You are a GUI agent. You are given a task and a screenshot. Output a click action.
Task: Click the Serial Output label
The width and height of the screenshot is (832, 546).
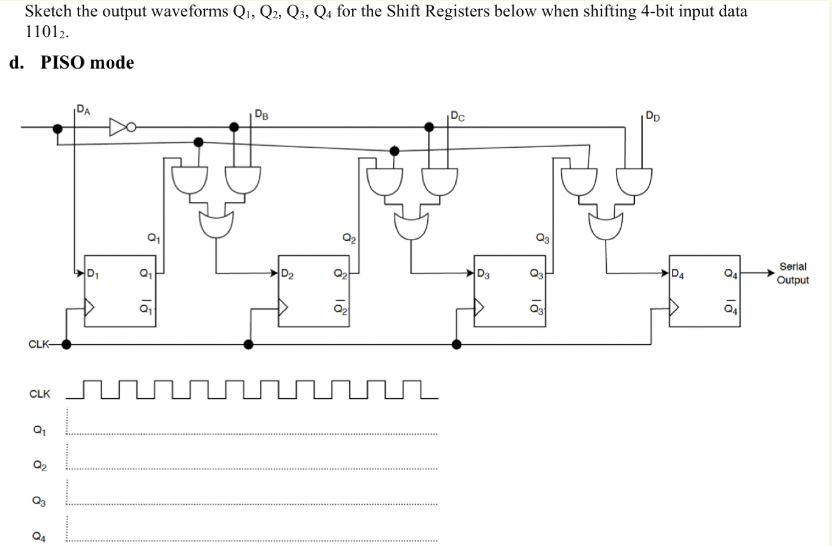(x=792, y=273)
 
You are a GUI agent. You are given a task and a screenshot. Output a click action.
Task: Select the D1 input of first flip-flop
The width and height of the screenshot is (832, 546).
(x=93, y=273)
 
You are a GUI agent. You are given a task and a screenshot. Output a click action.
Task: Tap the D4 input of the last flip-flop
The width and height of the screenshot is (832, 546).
(x=677, y=275)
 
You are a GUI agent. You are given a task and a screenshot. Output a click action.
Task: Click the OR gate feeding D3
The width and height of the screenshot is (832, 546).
(x=411, y=226)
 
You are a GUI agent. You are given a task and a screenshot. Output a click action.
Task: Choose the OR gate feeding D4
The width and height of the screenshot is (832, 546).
(x=606, y=226)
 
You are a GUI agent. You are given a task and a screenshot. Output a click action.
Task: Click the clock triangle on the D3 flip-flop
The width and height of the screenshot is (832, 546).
(x=479, y=308)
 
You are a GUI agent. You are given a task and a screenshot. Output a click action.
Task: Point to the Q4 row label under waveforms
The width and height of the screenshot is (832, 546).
(x=39, y=536)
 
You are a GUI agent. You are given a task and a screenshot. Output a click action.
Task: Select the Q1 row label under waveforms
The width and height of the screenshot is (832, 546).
(x=39, y=430)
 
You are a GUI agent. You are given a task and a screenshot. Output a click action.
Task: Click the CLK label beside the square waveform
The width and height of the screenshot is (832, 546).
(x=40, y=394)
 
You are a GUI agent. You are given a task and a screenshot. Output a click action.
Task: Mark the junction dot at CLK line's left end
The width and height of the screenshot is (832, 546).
(x=66, y=344)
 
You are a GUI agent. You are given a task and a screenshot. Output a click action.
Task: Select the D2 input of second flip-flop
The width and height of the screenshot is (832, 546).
(x=287, y=275)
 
